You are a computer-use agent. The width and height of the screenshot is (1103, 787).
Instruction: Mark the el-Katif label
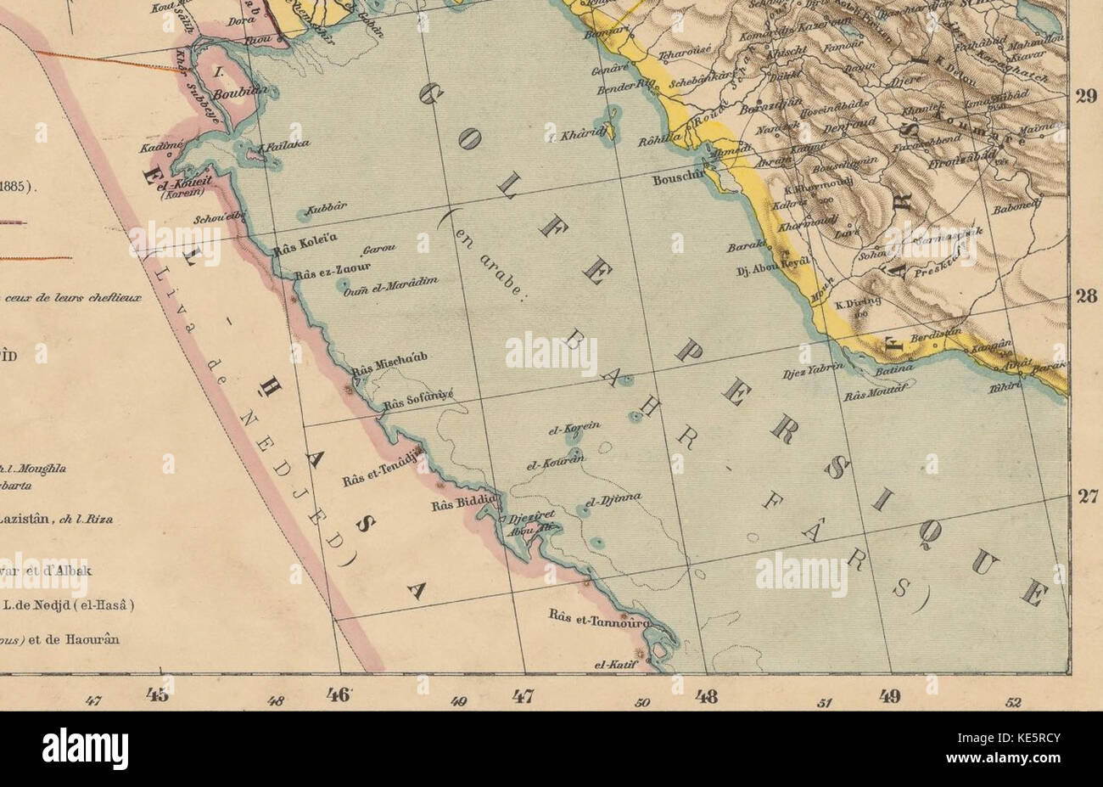point(615,666)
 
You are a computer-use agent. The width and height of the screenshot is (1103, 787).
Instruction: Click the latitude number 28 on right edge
point(1086,296)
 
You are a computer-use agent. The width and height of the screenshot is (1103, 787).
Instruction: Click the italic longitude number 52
point(1013,702)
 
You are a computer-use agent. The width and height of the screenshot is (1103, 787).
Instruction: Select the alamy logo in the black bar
point(85,749)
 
